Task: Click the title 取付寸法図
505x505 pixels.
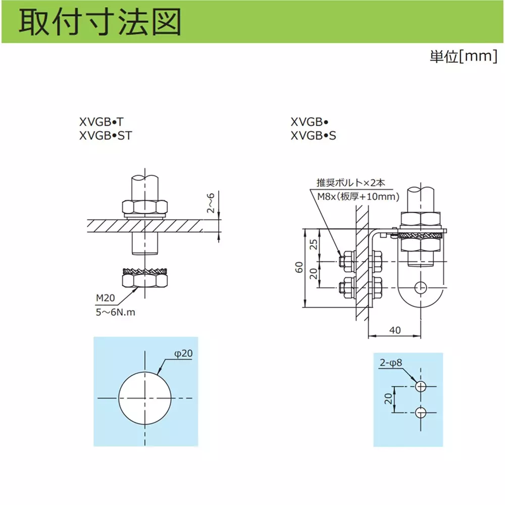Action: pyautogui.click(x=100, y=22)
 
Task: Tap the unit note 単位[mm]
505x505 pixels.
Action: pyautogui.click(x=464, y=57)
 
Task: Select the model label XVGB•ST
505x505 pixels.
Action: pyautogui.click(x=106, y=135)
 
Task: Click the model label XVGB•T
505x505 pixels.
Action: pyautogui.click(x=102, y=122)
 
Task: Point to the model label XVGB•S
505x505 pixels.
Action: pyautogui.click(x=314, y=135)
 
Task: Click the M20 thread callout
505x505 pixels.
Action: pyautogui.click(x=106, y=298)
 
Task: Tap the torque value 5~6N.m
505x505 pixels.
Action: pyautogui.click(x=115, y=312)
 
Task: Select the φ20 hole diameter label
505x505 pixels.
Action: pyautogui.click(x=183, y=353)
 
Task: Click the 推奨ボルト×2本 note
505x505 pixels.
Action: pyautogui.click(x=350, y=183)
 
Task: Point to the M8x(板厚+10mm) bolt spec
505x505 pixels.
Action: pyautogui.click(x=358, y=196)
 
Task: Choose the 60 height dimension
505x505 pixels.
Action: pyautogui.click(x=299, y=267)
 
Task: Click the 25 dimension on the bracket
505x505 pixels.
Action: pyautogui.click(x=314, y=244)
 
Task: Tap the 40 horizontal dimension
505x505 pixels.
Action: pyautogui.click(x=395, y=330)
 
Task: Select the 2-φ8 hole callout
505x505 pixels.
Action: pyautogui.click(x=391, y=363)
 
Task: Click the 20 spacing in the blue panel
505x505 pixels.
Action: pyautogui.click(x=388, y=399)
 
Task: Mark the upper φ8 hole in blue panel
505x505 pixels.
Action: pyautogui.click(x=421, y=386)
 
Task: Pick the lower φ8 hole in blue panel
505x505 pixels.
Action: pyautogui.click(x=421, y=412)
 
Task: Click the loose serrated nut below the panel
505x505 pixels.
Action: pyautogui.click(x=145, y=277)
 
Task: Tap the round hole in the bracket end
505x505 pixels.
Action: pyautogui.click(x=421, y=287)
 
